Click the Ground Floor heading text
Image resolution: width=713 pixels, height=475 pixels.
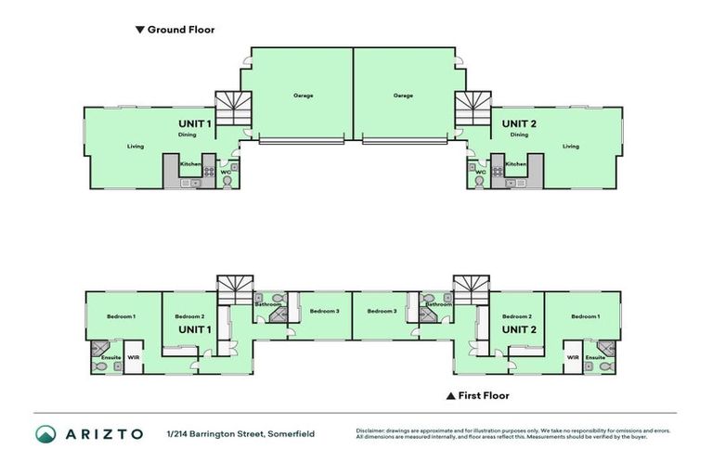(180, 30)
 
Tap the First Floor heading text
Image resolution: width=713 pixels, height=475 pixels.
(484, 395)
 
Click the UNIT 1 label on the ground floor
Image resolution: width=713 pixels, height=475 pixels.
(195, 122)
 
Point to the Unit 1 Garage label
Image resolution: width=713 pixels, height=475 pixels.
(303, 96)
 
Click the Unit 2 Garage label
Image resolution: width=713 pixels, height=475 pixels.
(402, 96)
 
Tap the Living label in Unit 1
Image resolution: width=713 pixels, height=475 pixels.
(136, 146)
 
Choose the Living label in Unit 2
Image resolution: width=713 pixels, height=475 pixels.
(570, 146)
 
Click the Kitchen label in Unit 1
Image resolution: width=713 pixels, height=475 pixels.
(190, 164)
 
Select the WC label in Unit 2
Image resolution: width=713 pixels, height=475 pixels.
(480, 172)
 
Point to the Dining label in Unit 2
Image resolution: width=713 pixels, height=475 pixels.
(519, 135)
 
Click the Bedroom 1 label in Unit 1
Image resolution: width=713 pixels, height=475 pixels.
(121, 317)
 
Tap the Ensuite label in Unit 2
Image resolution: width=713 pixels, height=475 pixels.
(595, 357)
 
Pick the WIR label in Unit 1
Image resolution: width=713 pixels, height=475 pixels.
(134, 357)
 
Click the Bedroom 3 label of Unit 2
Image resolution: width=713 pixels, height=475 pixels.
(382, 311)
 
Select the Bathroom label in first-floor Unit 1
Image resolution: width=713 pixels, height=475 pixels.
(268, 304)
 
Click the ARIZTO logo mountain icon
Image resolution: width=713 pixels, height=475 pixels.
(45, 434)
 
